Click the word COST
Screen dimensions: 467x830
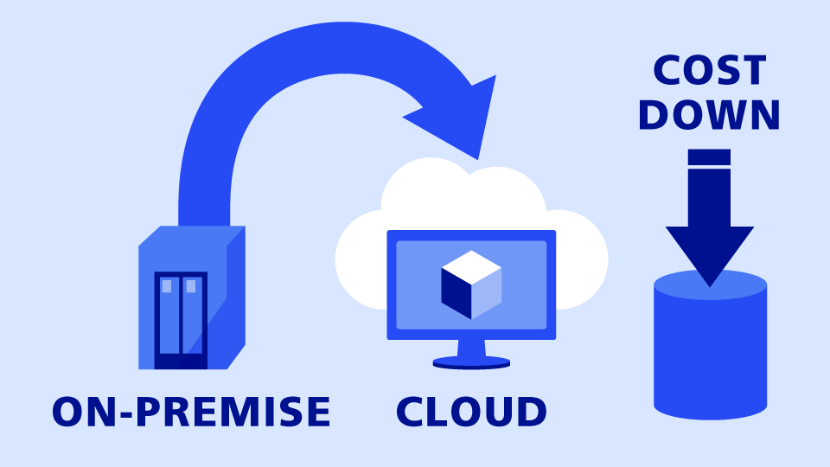[x=709, y=70]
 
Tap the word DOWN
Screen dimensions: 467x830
[x=709, y=115]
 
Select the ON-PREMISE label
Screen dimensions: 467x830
[x=191, y=412]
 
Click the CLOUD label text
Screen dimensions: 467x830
[x=471, y=412]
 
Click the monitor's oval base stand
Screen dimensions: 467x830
[x=471, y=363]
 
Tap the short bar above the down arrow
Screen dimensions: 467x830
[x=709, y=157]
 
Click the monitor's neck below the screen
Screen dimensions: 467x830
[x=471, y=348]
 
